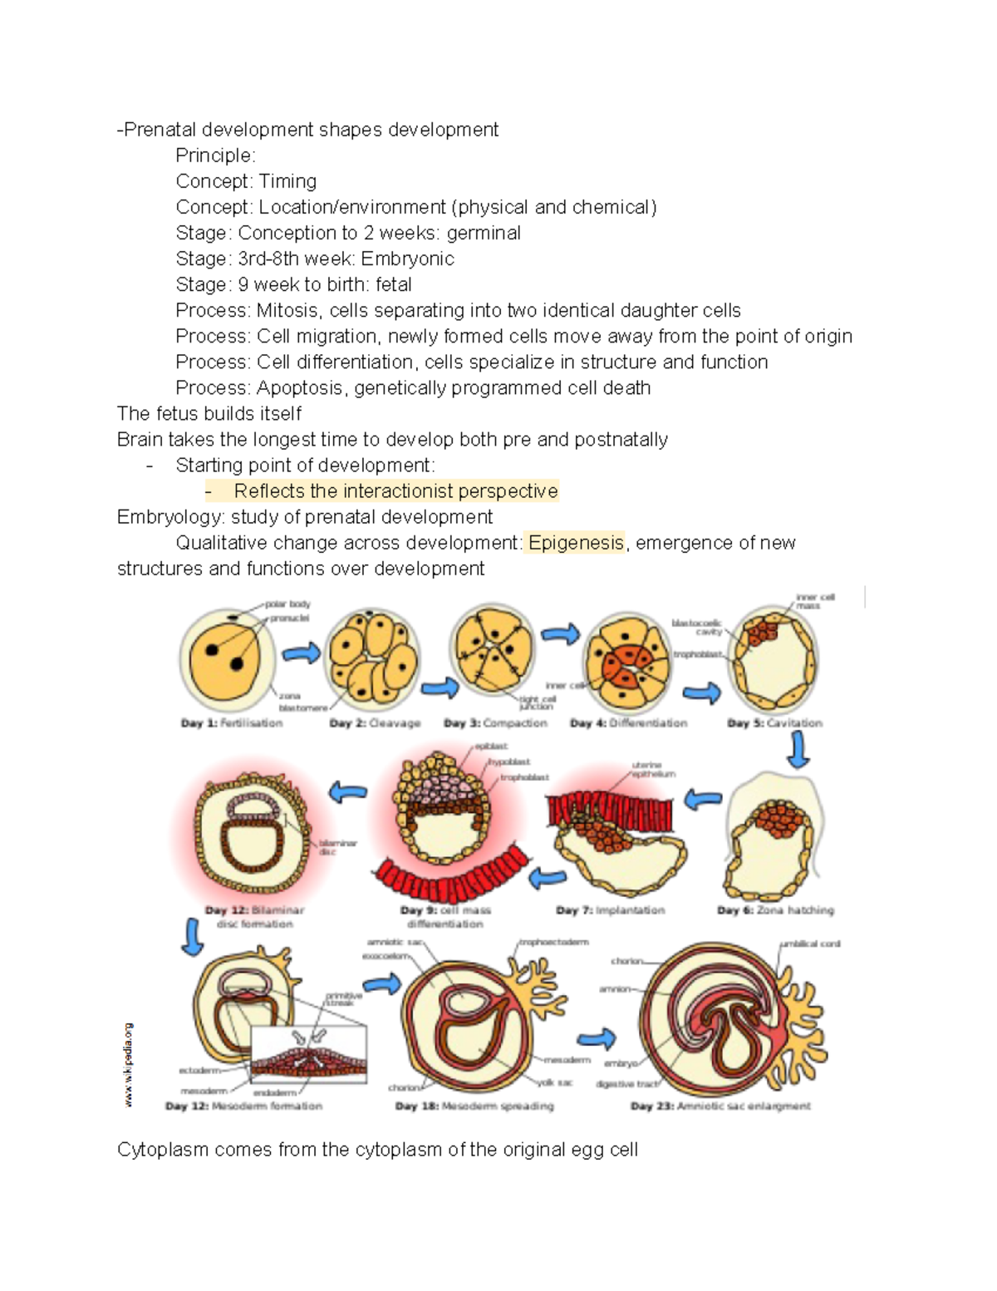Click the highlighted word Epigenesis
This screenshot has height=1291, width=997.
[576, 543]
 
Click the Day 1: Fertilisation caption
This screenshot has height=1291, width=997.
[232, 723]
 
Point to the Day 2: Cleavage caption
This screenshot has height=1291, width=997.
[375, 723]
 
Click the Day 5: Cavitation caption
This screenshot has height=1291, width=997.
[774, 723]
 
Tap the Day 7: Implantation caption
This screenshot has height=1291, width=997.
[611, 910]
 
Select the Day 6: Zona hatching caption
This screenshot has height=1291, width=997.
[775, 910]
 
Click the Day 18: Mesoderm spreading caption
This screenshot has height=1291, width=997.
[474, 1106]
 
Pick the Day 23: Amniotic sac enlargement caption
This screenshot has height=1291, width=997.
[720, 1106]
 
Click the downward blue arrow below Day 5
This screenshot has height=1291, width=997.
[798, 750]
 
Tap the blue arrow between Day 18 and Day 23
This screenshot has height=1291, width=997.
[597, 1038]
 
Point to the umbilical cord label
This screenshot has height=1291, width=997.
[810, 944]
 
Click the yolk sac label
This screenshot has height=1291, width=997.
[554, 1082]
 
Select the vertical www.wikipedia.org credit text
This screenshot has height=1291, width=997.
[129, 1065]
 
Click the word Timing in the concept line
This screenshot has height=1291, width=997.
[287, 181]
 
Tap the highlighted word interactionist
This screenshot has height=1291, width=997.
[398, 491]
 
